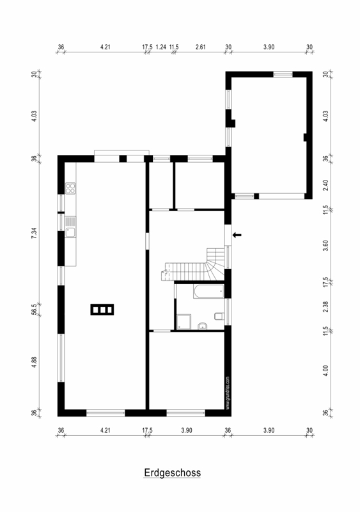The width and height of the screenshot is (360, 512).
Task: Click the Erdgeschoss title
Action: pos(173,473)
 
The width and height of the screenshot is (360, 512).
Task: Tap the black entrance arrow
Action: pos(237,235)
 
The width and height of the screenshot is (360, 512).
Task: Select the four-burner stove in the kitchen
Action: pos(70,188)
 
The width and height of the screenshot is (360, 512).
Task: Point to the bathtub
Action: pos(208,291)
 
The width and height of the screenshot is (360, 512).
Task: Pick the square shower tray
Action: pos(184,322)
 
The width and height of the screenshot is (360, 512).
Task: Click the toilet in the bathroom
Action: pos(219,316)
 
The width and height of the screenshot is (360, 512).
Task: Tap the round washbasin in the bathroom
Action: pos(202,326)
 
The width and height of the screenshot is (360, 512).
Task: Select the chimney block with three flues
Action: pos(102,310)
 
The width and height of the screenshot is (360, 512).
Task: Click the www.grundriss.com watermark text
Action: pos(228,393)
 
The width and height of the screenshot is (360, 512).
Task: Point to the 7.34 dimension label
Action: pos(34,233)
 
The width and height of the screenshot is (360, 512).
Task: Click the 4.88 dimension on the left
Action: pos(34,362)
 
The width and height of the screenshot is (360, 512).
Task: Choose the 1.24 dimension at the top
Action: pos(161,47)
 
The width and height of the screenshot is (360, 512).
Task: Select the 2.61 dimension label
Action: pos(200,47)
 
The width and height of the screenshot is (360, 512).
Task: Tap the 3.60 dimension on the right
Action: pos(325,246)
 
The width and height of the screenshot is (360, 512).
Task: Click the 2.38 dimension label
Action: pos(325,307)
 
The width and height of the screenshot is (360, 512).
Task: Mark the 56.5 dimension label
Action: pos(34,308)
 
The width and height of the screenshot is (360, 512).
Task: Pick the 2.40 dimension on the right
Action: pos(325,186)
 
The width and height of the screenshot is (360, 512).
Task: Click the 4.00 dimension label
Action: pos(325,371)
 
